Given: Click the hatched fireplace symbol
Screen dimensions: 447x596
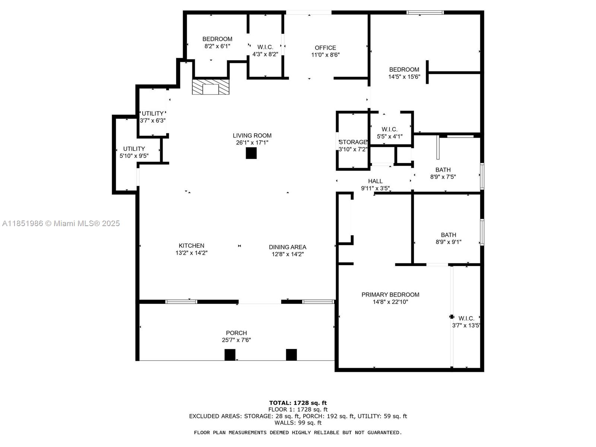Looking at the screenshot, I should click(x=210, y=87).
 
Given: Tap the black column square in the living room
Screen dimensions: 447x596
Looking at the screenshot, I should click(x=251, y=153).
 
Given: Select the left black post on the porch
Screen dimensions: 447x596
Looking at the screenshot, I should click(x=230, y=355).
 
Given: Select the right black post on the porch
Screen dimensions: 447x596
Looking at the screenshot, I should click(x=291, y=355).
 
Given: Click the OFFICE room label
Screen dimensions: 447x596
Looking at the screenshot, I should click(x=325, y=48).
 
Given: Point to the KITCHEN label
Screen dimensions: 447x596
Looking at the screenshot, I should click(x=191, y=246).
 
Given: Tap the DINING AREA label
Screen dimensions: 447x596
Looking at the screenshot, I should click(x=288, y=247).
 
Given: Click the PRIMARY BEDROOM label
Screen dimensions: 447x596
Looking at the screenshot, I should click(x=390, y=295).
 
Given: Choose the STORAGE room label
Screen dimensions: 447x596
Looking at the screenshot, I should click(x=353, y=142).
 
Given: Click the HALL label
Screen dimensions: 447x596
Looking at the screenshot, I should click(x=375, y=181).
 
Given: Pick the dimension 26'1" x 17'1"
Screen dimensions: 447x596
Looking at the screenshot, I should click(x=252, y=143).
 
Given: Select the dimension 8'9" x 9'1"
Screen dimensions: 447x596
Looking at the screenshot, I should click(x=448, y=242).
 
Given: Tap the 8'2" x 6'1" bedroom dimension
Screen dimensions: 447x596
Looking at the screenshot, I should click(x=217, y=46).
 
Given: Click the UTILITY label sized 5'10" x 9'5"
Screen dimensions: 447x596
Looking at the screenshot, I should click(x=134, y=149).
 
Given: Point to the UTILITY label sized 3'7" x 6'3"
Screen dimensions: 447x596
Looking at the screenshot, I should click(x=153, y=114).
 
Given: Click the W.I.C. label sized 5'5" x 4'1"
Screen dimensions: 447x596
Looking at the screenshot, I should click(x=390, y=130).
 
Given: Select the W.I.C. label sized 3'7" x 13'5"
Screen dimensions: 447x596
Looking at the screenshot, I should click(x=466, y=318).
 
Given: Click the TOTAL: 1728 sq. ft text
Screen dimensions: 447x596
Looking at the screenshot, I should click(x=298, y=403).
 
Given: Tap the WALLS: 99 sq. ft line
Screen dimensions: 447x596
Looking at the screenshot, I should click(x=298, y=423).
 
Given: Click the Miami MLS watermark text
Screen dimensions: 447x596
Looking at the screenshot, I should click(x=61, y=223).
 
